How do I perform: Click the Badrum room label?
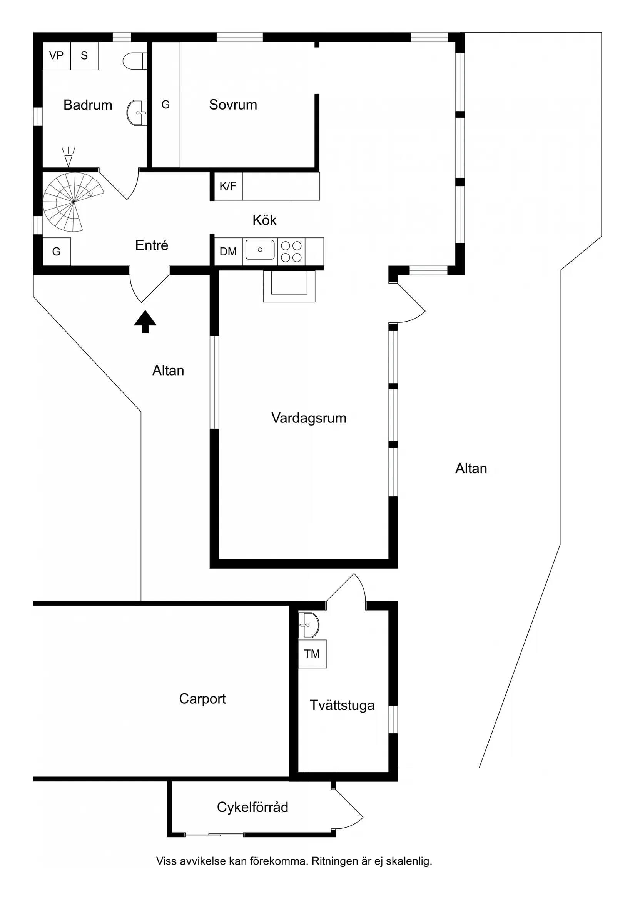pos(88,105)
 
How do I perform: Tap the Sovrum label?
pos(233,104)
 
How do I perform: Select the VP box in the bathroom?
pos(56,55)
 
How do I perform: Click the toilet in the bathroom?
pos(135,61)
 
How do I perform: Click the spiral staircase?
pos(73,202)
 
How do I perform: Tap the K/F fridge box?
pos(228,186)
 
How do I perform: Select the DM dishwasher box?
pos(228,252)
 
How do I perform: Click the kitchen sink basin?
pos(260,250)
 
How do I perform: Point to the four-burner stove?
pos(291,252)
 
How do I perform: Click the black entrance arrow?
pos(145,322)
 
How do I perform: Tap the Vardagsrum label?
pos(309,418)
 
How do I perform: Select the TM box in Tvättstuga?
pos(312,654)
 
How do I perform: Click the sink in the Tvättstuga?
pos(309,625)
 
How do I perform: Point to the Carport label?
pos(202,699)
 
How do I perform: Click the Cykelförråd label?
pos(252,807)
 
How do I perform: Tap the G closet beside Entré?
pos(56,252)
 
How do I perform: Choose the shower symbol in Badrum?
pos(69,157)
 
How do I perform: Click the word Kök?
pos(264,220)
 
